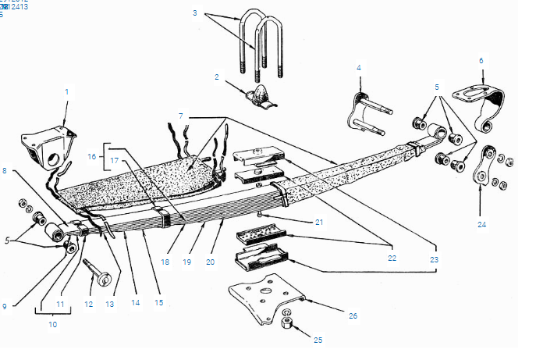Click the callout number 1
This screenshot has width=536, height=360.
point(66,91)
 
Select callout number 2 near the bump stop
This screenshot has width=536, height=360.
point(217,77)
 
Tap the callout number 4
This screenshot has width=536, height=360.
point(359,68)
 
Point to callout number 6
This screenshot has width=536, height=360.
point(481,59)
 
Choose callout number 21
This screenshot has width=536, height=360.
point(319,223)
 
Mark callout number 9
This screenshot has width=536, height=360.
point(4,306)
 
